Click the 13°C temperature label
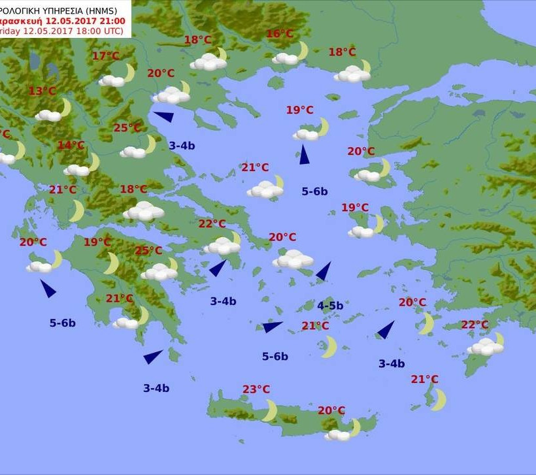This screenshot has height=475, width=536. pos(42,91)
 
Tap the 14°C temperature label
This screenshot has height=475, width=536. pos(71,145)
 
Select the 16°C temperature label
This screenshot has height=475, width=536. pos(280,34)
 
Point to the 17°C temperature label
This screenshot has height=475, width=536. pos(105,56)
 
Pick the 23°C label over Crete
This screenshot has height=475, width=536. pos(256,389)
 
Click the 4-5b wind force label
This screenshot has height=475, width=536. pos(330,305)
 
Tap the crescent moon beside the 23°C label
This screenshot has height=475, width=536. pos(270,410)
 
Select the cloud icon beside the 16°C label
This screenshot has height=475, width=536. pos(286,58)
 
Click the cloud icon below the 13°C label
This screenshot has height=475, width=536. pos(48,115)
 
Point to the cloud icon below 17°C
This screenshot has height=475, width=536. pos(112,80)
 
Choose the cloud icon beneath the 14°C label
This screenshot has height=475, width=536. pos(76,170)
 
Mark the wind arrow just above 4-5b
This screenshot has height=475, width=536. pos(324,272)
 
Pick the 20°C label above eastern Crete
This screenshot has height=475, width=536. pos(331,410)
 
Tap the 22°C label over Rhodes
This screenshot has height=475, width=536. pos(475,325)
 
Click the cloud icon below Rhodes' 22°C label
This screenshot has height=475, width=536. pos(484,347)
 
